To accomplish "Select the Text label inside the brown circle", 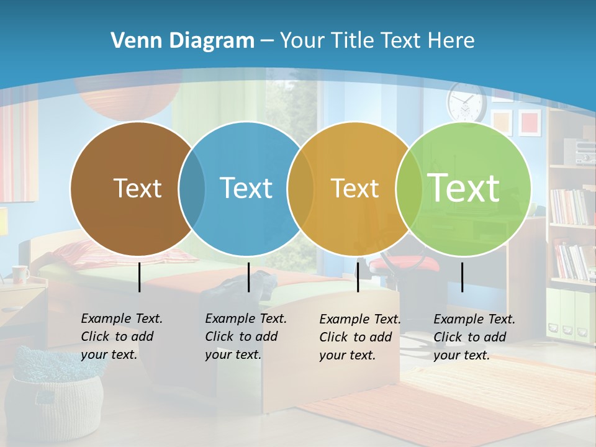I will tap(137, 188).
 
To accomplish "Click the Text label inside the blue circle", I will tap(246, 188).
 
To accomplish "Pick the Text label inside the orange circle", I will tap(354, 188).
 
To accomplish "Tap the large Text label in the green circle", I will tap(464, 188).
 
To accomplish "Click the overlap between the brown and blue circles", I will tap(192, 189).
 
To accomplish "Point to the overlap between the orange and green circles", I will tap(407, 189).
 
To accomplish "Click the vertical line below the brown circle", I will tap(140, 277).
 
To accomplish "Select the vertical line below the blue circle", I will tap(248, 277).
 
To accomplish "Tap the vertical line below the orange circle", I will tap(358, 277).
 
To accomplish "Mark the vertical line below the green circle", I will tap(463, 277).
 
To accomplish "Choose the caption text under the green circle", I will tap(474, 337).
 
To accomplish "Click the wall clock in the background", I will tap(466, 102).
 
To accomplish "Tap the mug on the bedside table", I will tap(20, 274).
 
